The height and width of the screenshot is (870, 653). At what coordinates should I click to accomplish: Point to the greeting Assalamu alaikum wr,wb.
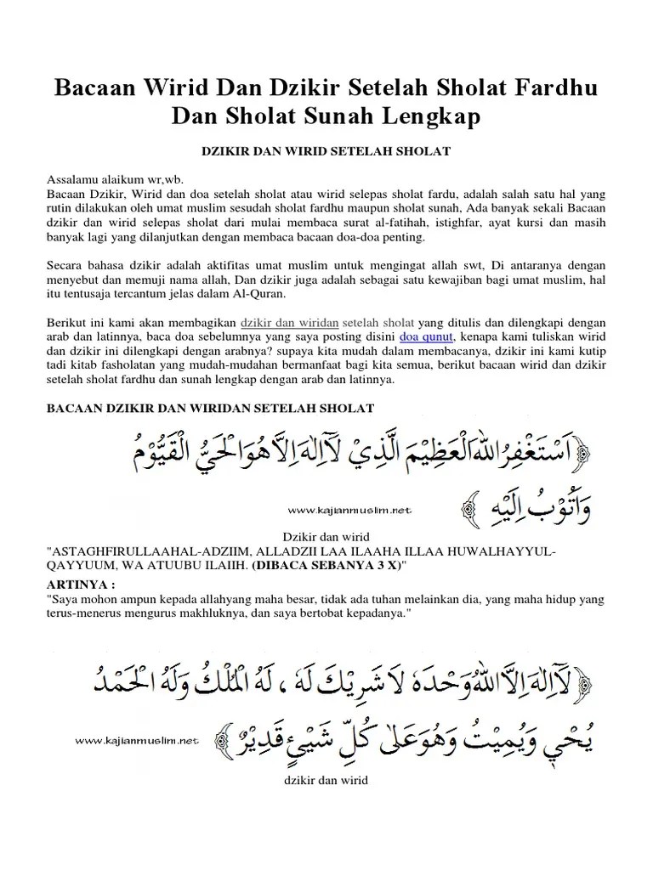tap(114, 180)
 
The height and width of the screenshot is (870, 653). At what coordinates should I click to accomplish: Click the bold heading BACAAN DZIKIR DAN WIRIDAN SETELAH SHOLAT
tap(209, 409)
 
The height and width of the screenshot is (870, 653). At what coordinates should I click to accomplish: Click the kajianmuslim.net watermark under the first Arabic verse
tap(349, 510)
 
